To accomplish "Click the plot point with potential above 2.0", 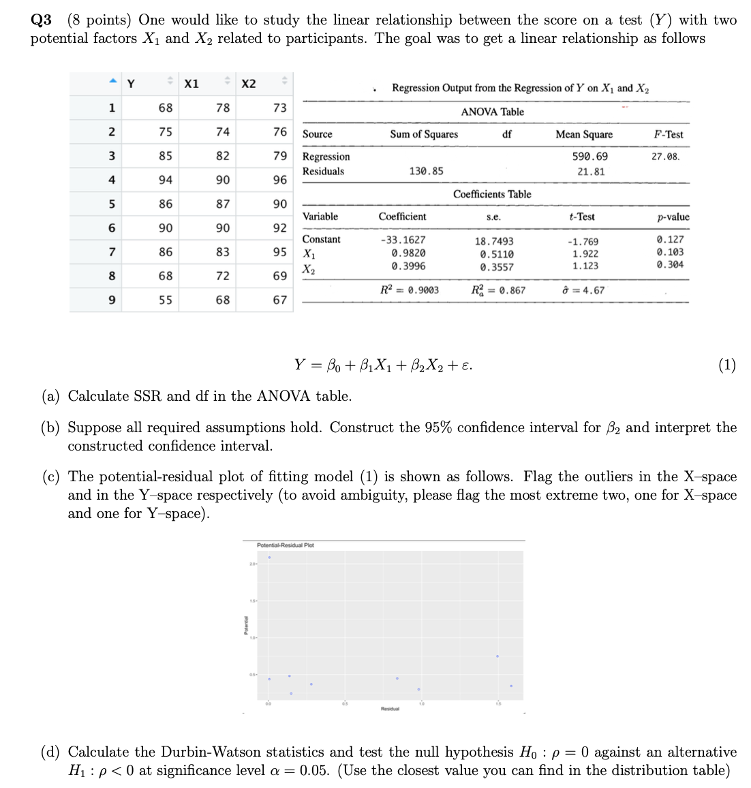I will pos(269,558).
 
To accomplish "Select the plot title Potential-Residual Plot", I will pos(285,545).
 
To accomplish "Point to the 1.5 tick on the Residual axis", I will pos(498,703).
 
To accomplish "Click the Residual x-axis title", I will pos(389,709).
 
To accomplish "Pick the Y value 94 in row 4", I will pos(166,180).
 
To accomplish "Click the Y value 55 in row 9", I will pos(166,300).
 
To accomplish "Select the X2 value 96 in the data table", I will pos(279,180).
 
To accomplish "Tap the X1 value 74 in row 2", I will pos(223,132).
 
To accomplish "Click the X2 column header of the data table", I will pos(249,84).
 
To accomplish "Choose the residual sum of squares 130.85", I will pos(426,171).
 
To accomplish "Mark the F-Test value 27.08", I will pos(665,157).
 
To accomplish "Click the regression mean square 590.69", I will pos(590,157).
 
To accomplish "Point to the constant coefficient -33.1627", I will pos(403,240).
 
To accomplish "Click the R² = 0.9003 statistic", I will pos(409,290).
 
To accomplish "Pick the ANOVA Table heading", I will pos(492,112).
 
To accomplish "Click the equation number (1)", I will pos(726,365).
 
